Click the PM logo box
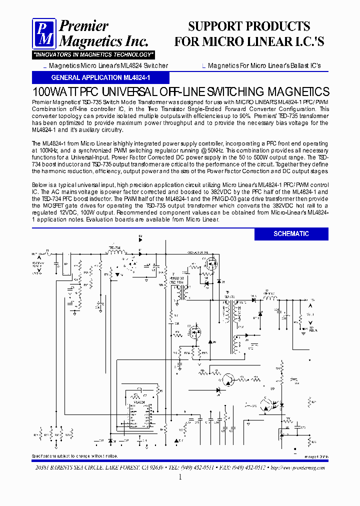(44, 33)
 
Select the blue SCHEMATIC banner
(291, 234)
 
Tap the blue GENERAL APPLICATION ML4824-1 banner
(100, 78)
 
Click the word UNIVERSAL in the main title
(129, 92)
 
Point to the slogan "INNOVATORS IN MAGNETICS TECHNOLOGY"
(93, 54)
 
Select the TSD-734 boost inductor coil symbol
(116, 252)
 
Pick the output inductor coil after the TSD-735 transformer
(270, 298)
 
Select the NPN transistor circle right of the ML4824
(229, 380)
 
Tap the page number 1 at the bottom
(179, 477)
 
